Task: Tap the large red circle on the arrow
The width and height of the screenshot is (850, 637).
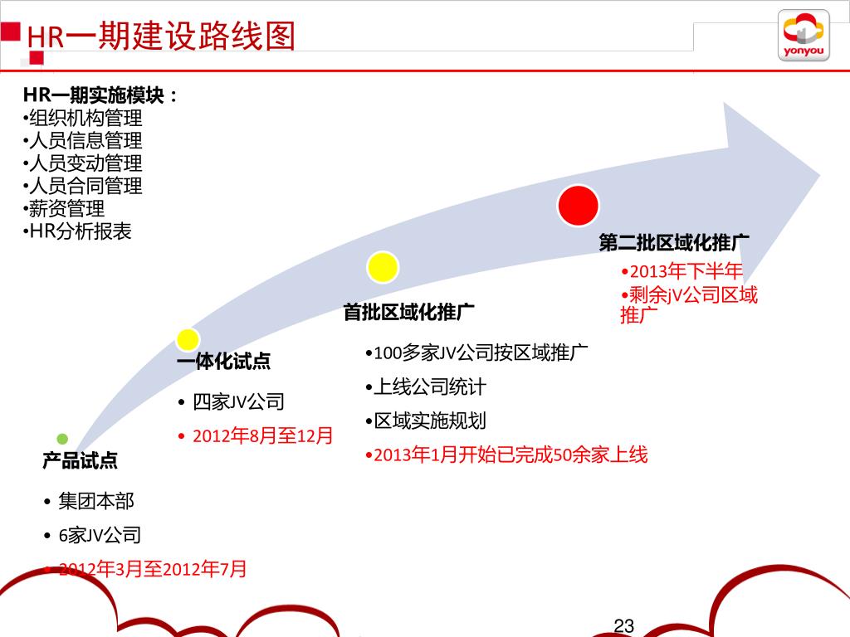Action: [x=578, y=206]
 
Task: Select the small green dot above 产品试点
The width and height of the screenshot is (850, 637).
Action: [x=62, y=438]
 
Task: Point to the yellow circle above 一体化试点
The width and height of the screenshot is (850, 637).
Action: [x=188, y=338]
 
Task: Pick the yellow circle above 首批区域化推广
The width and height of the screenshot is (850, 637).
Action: [x=383, y=266]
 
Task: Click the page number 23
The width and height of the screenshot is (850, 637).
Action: [x=623, y=625]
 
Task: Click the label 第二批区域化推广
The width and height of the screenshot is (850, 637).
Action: [x=674, y=243]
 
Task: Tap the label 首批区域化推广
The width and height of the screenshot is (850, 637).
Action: [x=409, y=313]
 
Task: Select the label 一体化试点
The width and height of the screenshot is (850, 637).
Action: [x=223, y=362]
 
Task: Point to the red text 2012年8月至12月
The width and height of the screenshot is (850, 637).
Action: [x=262, y=435]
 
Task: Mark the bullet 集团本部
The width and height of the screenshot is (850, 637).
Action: [x=96, y=501]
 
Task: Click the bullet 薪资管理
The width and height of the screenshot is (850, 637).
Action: [x=66, y=208]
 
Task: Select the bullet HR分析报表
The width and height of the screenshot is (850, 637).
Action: [x=80, y=231]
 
